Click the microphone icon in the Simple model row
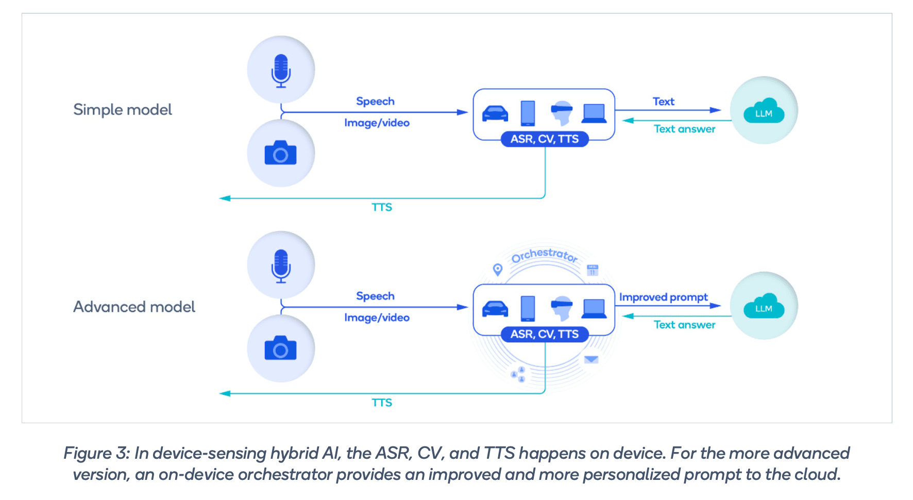pyautogui.click(x=281, y=71)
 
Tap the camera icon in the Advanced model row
pyautogui.click(x=280, y=348)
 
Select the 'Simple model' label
pyautogui.click(x=122, y=109)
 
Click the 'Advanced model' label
pyautogui.click(x=134, y=307)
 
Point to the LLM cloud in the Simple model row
pyautogui.click(x=764, y=110)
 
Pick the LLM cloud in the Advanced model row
pyautogui.click(x=764, y=306)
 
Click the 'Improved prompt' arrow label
pyautogui.click(x=663, y=297)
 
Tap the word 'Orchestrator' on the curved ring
pyautogui.click(x=544, y=255)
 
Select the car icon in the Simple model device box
pyautogui.click(x=495, y=113)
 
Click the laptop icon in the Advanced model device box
pyautogui.click(x=594, y=308)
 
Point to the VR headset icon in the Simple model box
pyautogui.click(x=562, y=113)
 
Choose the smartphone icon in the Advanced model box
pyautogui.click(x=528, y=308)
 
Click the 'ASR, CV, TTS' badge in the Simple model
pyautogui.click(x=545, y=139)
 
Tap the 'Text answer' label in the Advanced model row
pyautogui.click(x=684, y=325)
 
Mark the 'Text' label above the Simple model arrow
pyautogui.click(x=663, y=102)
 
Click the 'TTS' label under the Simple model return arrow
pyautogui.click(x=382, y=207)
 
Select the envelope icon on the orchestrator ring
pyautogui.click(x=591, y=359)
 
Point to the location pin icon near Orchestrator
pyautogui.click(x=497, y=269)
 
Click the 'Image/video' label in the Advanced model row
pyautogui.click(x=377, y=318)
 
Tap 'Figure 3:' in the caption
pyautogui.click(x=96, y=453)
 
